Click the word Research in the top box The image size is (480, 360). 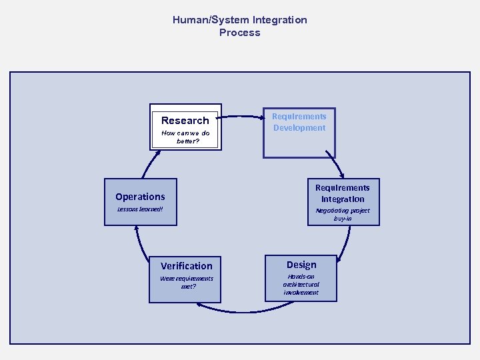coord(185,121)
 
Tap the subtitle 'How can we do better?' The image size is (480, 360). coord(185,137)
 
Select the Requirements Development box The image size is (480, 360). coord(299,133)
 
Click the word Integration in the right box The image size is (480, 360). coord(343,199)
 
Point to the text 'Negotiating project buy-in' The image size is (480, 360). coord(343,214)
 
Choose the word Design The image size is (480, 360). coord(301,265)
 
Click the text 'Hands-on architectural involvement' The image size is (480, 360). coord(301,284)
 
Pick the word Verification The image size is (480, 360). coord(187,266)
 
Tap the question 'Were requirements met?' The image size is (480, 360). coord(187,282)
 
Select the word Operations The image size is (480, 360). coord(140,197)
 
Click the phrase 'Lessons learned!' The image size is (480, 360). coord(140,209)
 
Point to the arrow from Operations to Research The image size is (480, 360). coord(149,163)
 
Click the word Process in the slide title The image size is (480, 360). coord(240,33)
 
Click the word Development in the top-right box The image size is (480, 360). coord(299,128)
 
